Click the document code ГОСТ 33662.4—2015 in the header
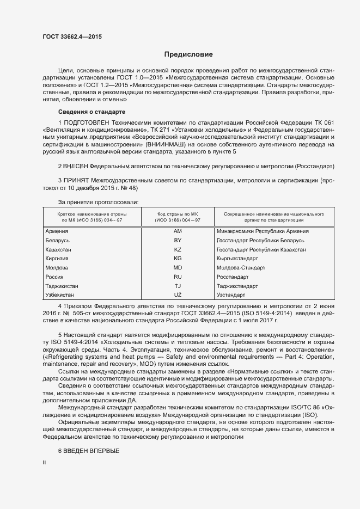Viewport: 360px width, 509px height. point(72,37)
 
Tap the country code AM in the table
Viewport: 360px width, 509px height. point(178,231)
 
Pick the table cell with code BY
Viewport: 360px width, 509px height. point(178,240)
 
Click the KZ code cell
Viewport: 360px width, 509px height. point(178,249)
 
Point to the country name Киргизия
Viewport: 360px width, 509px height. point(57,259)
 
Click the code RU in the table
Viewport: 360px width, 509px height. point(178,277)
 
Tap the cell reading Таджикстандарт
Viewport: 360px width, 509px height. point(237,286)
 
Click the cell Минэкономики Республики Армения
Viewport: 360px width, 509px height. point(263,231)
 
